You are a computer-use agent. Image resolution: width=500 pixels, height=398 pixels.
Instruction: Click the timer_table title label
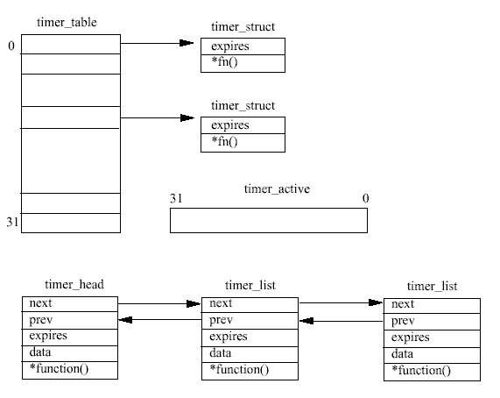[x=67, y=22]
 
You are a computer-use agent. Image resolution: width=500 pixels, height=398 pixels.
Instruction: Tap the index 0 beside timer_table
[x=11, y=46]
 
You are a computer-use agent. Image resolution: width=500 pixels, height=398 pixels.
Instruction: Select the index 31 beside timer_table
[x=12, y=222]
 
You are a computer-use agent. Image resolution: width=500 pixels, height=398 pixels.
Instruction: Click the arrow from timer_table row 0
[x=158, y=43]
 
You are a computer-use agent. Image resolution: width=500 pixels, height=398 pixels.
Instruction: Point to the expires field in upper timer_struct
[x=230, y=46]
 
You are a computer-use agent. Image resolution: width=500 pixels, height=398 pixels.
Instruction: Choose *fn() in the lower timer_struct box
[x=224, y=141]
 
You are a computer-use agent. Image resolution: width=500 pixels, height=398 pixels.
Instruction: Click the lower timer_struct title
[x=243, y=106]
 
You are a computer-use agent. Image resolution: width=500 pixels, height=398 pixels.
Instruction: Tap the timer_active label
[x=277, y=189]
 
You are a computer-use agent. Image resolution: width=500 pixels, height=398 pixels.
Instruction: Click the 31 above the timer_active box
[x=176, y=198]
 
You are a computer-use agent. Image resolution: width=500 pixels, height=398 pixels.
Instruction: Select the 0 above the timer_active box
[x=366, y=198]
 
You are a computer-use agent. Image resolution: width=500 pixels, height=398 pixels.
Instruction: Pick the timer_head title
[x=74, y=284]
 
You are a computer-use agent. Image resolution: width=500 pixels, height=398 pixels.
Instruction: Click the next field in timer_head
[x=40, y=303]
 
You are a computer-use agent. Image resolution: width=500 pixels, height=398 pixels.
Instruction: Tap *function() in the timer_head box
[x=59, y=369]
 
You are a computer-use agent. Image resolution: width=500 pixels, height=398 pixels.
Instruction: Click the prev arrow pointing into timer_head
[x=159, y=319]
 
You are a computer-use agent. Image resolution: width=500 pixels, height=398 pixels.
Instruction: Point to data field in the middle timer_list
[x=221, y=353]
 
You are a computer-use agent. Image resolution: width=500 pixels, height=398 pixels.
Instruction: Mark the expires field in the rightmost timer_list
[x=411, y=338]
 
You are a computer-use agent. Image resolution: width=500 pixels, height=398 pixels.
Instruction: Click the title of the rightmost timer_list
[x=432, y=286]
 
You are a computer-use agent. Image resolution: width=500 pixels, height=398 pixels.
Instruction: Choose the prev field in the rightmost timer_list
[x=403, y=321]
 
